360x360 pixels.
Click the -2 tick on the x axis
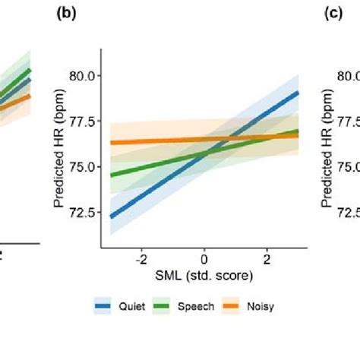(141, 258)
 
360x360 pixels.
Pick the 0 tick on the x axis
(204, 258)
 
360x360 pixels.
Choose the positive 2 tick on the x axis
(267, 258)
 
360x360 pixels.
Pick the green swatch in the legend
(162, 306)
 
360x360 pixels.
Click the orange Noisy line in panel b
(152, 141)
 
